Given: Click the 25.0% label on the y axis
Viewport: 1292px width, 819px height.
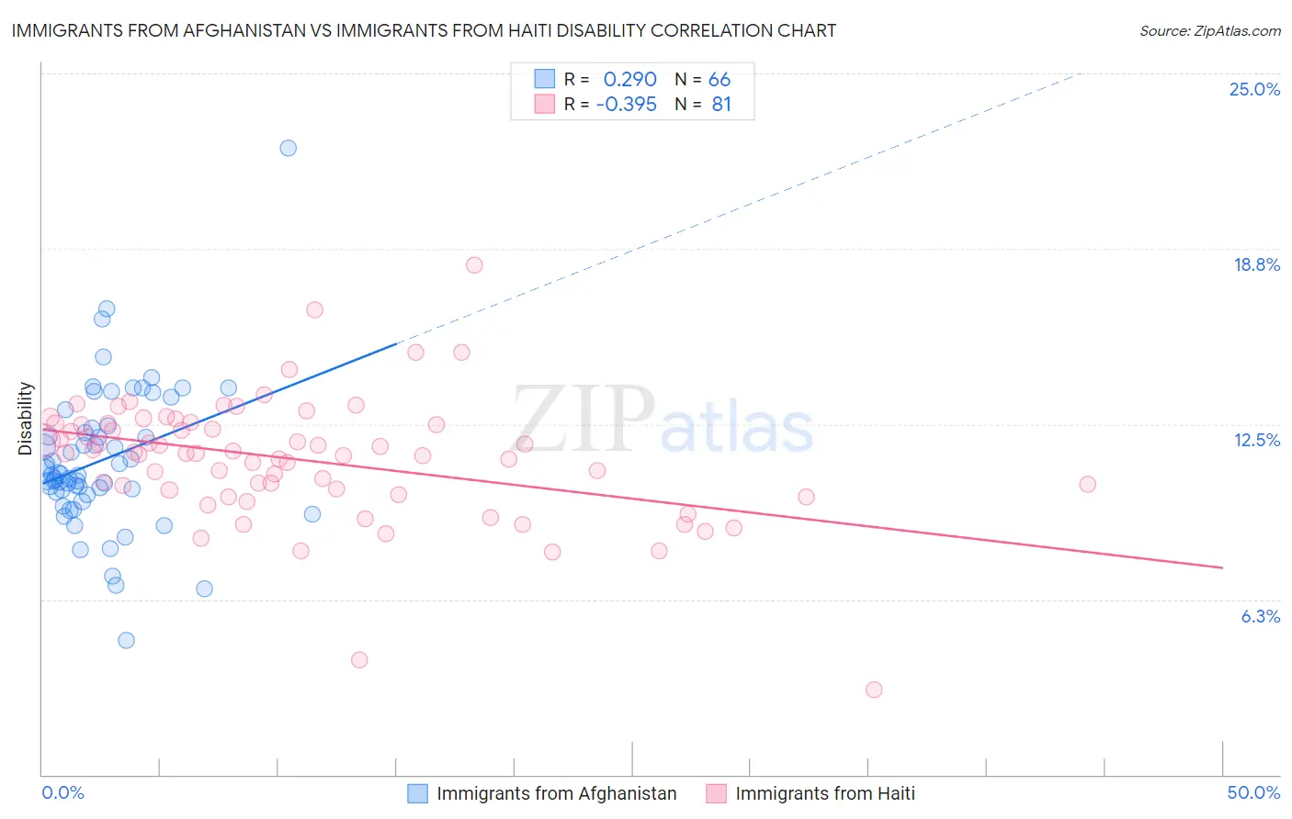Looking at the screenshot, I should click(x=1254, y=89).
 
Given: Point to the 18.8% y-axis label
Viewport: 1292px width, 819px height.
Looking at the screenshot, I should click(x=1256, y=264).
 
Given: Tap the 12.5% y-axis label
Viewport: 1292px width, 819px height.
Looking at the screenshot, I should click(x=1256, y=440).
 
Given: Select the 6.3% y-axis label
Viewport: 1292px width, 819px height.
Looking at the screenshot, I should click(x=1260, y=616).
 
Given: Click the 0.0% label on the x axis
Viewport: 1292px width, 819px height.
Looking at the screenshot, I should click(x=62, y=792).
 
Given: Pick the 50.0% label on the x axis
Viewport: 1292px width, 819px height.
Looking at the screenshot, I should click(x=1253, y=792).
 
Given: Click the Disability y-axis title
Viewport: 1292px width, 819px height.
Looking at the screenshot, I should click(x=25, y=419).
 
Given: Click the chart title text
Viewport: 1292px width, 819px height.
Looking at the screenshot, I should click(x=424, y=30).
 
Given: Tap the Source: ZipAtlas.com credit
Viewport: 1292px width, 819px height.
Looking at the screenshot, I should click(x=1209, y=30).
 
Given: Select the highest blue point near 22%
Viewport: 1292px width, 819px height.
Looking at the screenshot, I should click(x=289, y=148).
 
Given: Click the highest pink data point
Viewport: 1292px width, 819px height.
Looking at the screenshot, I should click(x=474, y=265).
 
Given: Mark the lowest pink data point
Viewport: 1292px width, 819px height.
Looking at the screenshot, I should click(x=874, y=690).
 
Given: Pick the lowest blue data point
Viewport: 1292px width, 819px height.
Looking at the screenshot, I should click(x=127, y=640).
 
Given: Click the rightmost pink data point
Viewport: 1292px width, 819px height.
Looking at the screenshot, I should click(x=1088, y=484).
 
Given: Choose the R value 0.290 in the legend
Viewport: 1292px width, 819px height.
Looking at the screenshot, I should click(x=629, y=80).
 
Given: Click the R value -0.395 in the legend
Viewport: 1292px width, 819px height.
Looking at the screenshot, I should click(x=626, y=105).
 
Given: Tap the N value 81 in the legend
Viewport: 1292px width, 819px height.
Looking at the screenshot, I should click(x=721, y=105).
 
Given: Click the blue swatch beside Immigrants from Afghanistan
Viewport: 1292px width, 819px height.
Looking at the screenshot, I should click(x=418, y=793).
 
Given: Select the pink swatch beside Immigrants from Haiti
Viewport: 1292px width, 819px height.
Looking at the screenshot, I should click(x=717, y=793).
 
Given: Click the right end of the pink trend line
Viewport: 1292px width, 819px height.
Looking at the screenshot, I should click(x=1223, y=568).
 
